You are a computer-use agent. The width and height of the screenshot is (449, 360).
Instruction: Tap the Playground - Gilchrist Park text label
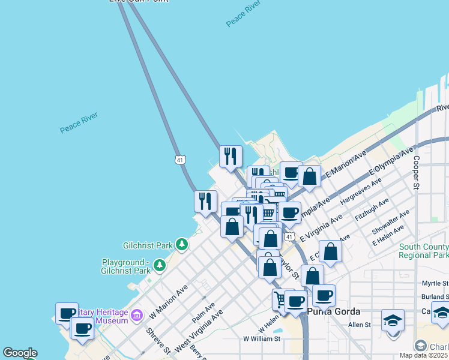pos(126,266)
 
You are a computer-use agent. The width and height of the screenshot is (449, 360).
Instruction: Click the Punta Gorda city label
pos(333,311)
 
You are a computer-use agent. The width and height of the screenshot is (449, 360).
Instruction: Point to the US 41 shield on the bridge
pos(180,159)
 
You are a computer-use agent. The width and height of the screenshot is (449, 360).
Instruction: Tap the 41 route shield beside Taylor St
pos(289,238)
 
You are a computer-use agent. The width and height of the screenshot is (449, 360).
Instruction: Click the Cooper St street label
pos(415,173)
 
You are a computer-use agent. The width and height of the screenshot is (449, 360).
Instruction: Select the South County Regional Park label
pos(423,251)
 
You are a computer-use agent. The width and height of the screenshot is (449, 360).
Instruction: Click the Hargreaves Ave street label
pos(361,193)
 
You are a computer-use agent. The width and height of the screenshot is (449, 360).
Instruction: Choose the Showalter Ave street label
pos(391,221)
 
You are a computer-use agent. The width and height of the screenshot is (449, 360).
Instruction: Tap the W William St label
pos(262,338)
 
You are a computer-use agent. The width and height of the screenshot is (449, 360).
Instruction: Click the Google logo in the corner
pos(20,353)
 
